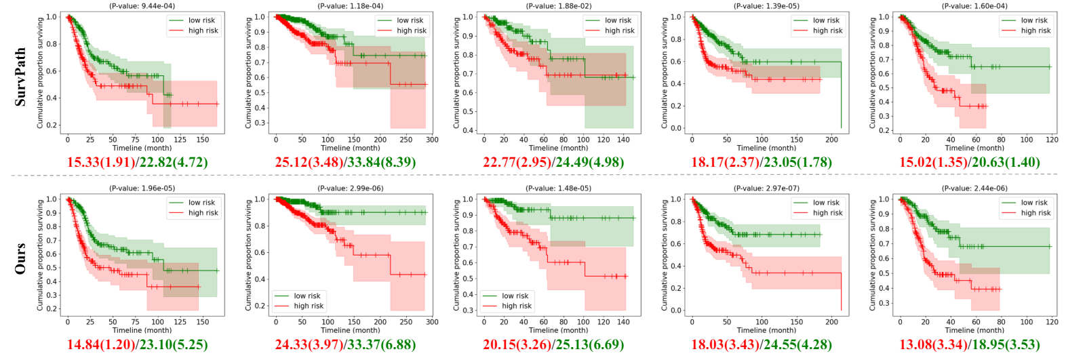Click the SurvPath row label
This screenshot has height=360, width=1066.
20,76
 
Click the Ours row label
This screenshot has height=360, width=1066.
20,258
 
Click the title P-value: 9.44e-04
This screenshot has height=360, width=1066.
142,6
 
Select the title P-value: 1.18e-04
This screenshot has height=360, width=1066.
350,6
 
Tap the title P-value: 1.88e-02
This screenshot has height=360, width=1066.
558,6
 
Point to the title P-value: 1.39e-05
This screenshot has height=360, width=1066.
766,6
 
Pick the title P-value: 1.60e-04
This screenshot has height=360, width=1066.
974,6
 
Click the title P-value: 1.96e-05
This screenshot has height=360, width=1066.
142,188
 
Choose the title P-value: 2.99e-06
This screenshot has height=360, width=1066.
350,188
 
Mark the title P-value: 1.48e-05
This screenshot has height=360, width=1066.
558,188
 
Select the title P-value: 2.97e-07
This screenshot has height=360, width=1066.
766,188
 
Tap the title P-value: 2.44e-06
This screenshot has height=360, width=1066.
974,188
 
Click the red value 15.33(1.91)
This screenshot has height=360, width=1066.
100,163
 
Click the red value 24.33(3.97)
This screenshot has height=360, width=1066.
309,345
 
